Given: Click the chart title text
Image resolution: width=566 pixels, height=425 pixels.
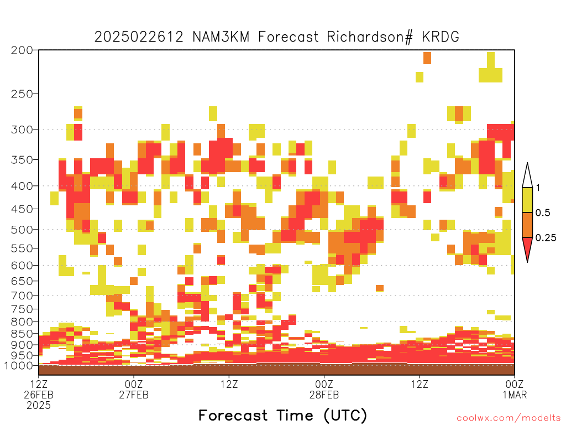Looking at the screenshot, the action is click(x=276, y=37).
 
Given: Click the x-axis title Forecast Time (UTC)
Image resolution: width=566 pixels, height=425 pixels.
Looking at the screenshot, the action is click(x=282, y=415).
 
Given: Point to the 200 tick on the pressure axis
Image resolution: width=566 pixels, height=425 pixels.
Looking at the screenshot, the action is click(x=22, y=50).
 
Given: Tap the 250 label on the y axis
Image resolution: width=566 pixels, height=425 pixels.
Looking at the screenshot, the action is click(x=22, y=94).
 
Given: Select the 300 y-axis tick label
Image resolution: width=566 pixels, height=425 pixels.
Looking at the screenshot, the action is click(x=22, y=129).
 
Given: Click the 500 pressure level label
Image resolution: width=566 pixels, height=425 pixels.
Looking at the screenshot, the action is click(x=22, y=230).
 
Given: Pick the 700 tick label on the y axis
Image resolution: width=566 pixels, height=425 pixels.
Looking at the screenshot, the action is click(x=22, y=296).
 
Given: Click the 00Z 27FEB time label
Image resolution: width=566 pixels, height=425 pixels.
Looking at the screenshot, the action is click(x=134, y=389).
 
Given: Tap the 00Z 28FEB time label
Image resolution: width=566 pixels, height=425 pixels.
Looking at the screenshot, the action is click(x=324, y=389).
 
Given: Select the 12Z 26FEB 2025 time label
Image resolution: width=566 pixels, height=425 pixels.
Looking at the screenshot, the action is click(x=39, y=395).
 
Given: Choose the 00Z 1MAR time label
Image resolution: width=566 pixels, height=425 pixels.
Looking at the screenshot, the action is click(x=515, y=389).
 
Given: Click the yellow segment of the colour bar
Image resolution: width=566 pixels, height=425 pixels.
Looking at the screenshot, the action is click(x=527, y=200).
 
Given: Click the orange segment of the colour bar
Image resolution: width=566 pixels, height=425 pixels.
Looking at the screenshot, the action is click(x=527, y=225).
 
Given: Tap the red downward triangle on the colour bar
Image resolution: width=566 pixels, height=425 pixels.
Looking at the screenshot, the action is click(x=527, y=248).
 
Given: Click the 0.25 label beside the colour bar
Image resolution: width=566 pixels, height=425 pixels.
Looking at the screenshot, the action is click(x=546, y=238).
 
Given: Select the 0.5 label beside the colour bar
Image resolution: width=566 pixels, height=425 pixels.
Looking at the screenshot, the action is click(x=543, y=213).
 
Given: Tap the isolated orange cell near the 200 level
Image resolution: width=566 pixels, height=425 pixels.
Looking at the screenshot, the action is click(x=427, y=58).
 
